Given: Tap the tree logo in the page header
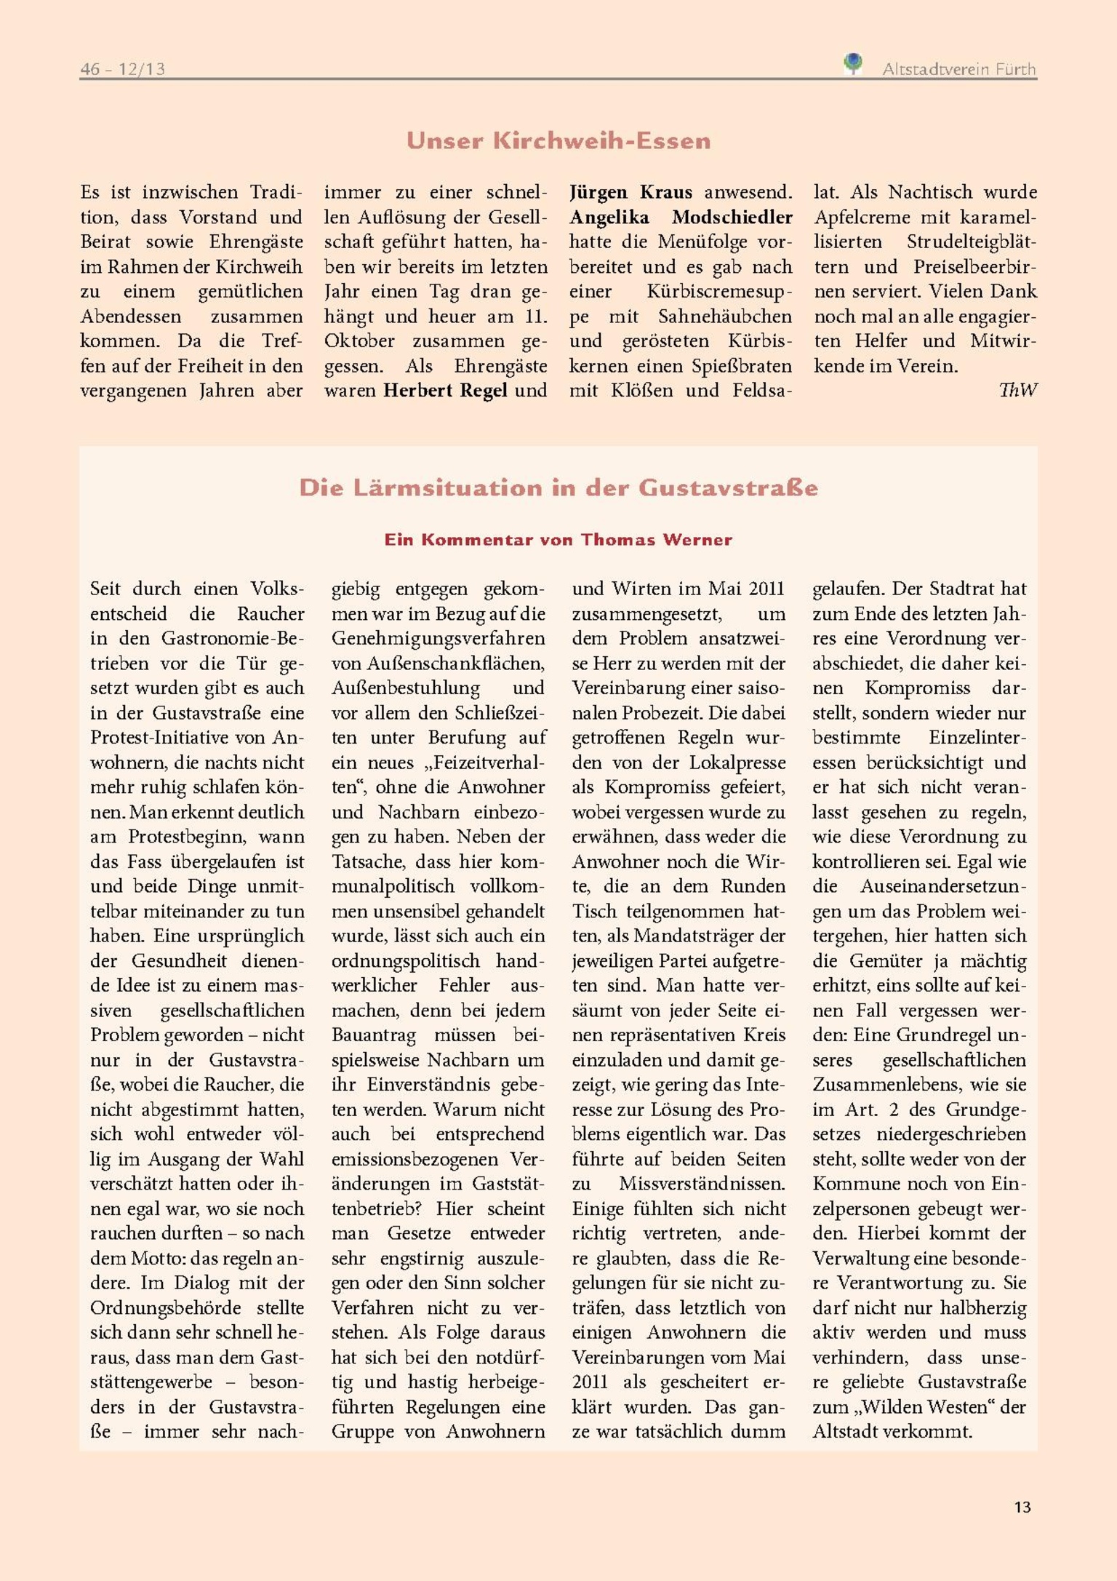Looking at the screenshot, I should click(853, 63).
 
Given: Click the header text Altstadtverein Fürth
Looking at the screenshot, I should click(958, 69).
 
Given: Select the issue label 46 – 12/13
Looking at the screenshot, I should click(122, 69).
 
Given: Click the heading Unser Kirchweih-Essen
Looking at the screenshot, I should click(558, 140).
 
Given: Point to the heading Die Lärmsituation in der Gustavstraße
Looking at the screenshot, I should click(558, 487).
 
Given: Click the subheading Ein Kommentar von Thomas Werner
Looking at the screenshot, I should click(558, 540).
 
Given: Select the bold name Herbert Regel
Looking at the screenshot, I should click(444, 391).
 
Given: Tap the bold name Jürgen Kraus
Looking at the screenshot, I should click(630, 192).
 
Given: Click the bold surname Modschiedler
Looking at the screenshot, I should click(732, 217).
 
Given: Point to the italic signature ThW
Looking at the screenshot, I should click(1017, 391).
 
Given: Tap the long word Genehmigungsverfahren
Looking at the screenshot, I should click(438, 639).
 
